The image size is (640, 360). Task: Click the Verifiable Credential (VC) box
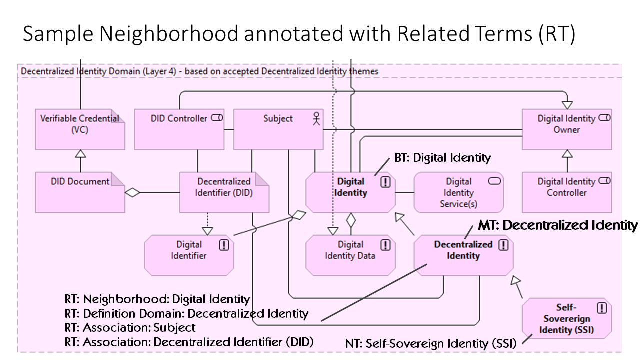point(80,129)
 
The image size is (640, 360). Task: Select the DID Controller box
point(179,129)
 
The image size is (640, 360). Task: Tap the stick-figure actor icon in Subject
point(316,119)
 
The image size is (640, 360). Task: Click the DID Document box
point(80,192)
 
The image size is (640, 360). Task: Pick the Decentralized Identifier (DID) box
point(224,192)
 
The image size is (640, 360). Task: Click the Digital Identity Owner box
point(566,129)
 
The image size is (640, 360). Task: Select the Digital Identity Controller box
point(566,192)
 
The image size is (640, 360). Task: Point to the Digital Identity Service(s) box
point(458,192)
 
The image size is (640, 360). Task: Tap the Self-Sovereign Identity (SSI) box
point(566,318)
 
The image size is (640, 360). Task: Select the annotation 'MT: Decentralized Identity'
point(558,225)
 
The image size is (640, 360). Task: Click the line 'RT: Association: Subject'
point(130,328)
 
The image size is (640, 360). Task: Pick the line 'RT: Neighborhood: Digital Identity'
point(157,299)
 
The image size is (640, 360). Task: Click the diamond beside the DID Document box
point(132,192)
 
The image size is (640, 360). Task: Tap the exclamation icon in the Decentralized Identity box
point(503,245)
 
